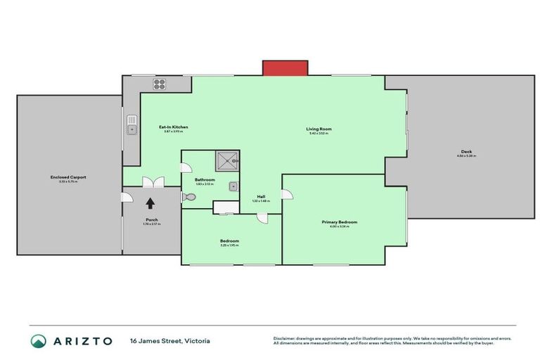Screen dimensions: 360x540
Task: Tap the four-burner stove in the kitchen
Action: (160, 84)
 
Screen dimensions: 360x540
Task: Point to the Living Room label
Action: (319, 129)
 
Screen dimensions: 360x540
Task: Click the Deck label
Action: (466, 153)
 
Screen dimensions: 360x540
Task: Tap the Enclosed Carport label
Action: (68, 176)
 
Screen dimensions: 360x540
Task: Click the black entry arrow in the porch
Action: (150, 203)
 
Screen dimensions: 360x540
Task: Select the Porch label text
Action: (151, 219)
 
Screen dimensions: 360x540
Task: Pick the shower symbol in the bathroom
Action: (227, 161)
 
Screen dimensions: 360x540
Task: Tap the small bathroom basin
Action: (233, 187)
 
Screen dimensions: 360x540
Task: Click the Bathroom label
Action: (205, 180)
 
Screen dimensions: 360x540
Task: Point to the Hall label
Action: (260, 196)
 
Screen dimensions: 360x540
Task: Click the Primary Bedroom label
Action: (340, 222)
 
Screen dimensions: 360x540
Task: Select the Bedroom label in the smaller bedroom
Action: (229, 240)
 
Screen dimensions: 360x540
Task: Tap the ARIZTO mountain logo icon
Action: (39, 341)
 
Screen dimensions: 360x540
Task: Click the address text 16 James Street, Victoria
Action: (169, 341)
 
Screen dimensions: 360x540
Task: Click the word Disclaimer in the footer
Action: (286, 338)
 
